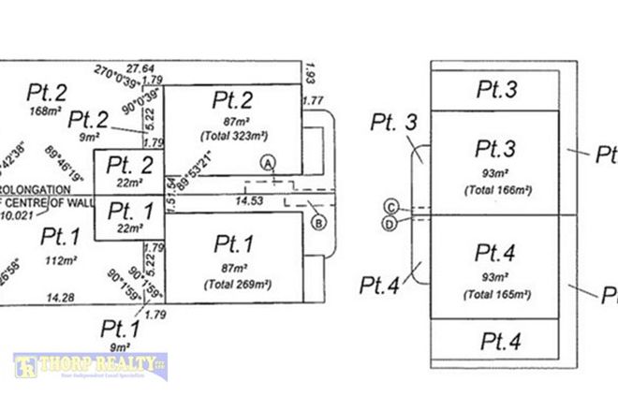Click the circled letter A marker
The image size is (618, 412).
(269, 162)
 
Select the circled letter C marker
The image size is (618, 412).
(390, 206)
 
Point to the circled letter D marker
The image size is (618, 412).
(390, 223)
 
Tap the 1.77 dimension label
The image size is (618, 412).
(313, 100)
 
